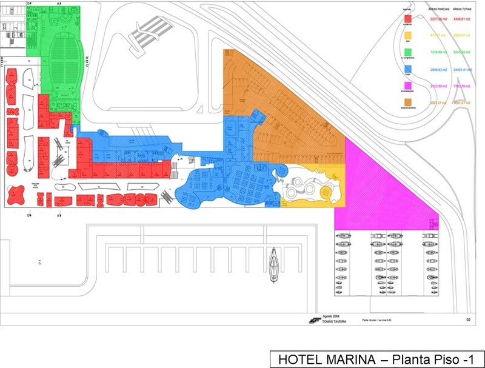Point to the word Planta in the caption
click(409, 359)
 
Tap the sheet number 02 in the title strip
click(468, 319)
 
